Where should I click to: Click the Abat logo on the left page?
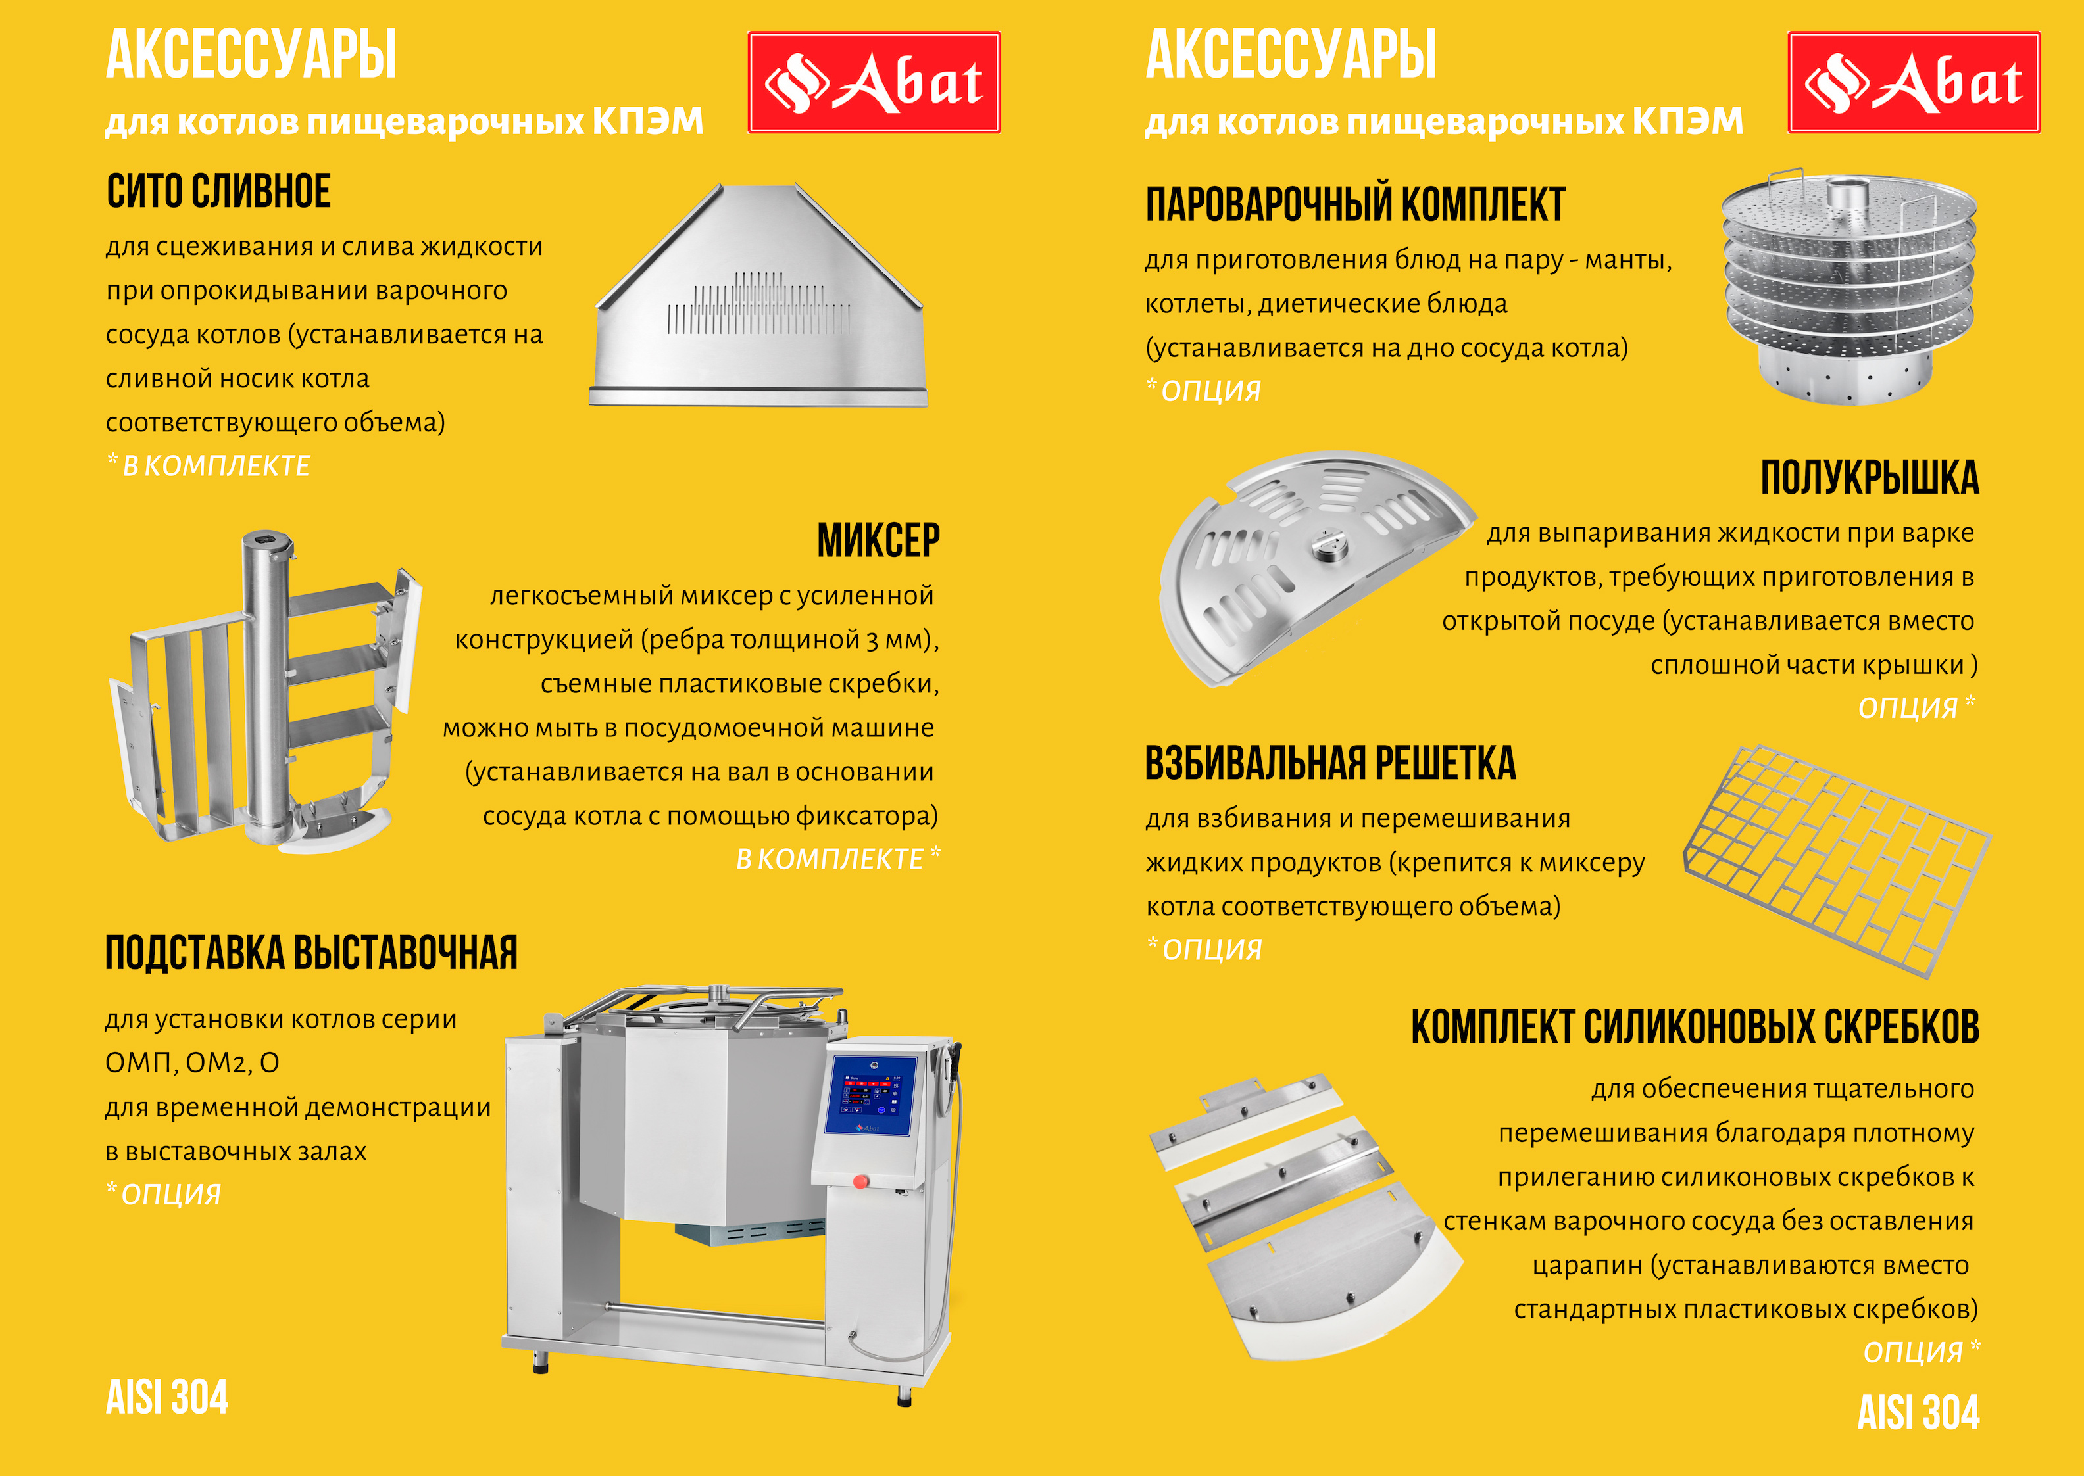coord(874,83)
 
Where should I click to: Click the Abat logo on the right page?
coord(1914,83)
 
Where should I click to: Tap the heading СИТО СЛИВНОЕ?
coord(218,192)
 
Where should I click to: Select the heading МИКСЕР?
coord(878,541)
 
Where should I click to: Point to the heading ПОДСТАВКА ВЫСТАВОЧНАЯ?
coord(311,953)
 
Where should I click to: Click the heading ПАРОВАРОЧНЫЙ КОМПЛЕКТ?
coord(1354,204)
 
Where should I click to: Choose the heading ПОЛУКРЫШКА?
coord(1870,478)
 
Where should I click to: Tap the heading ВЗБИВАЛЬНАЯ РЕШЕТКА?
coord(1330,763)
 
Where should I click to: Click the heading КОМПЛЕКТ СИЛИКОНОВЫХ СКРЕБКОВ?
coord(1695,1028)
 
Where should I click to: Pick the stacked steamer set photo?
coord(1848,286)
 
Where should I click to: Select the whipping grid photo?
coord(1837,859)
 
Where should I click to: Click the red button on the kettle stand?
coord(860,1181)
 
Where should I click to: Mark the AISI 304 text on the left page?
coord(167,1397)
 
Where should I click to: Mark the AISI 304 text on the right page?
coord(1918,1412)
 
